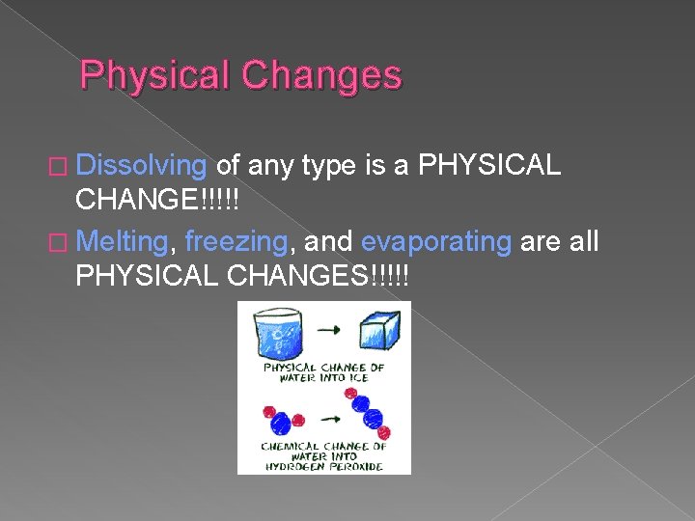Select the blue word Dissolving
[141, 166]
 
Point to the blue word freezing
[231, 241]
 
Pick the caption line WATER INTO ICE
[322, 377]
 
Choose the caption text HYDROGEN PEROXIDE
[323, 466]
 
